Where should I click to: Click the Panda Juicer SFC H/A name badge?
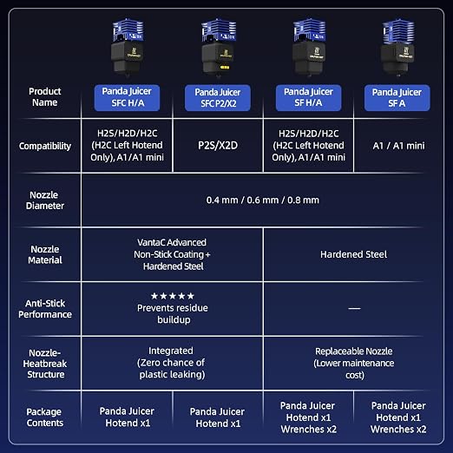pos(127,98)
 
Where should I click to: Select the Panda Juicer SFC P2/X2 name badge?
pos(218,98)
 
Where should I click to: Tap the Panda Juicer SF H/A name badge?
pos(308,98)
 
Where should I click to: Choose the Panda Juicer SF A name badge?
pos(397,98)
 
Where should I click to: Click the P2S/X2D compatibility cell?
pos(218,146)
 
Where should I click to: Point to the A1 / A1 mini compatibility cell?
pos(399,146)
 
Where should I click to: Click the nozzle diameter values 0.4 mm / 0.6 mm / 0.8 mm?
pos(263,200)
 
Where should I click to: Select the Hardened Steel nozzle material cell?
pos(353,254)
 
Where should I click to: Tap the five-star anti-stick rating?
pos(173,296)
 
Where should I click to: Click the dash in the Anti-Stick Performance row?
pos(354,308)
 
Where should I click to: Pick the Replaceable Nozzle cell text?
pos(354,363)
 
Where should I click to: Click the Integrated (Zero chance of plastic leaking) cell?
pos(171,363)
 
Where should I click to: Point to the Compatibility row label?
pos(45,146)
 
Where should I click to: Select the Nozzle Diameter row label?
pos(44,200)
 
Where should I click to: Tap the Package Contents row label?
pos(44,417)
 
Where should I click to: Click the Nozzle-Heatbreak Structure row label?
pos(45,364)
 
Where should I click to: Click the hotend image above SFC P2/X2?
pos(219,48)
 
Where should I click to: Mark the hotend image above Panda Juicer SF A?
pos(397,48)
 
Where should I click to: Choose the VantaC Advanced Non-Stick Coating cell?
pos(172,254)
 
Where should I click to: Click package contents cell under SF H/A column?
pos(308,417)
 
